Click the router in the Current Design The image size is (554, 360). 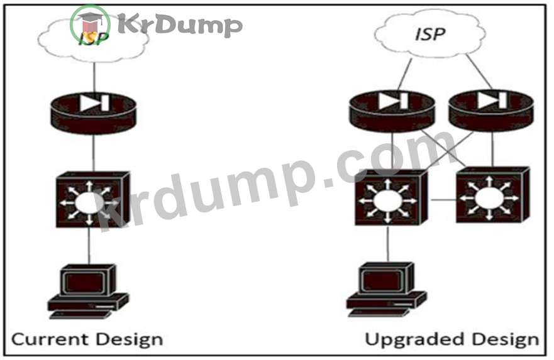[93, 112]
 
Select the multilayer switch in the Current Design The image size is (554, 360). [93, 199]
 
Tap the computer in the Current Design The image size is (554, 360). [88, 291]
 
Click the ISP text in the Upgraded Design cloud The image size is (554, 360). [430, 34]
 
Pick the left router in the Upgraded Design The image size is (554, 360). [392, 111]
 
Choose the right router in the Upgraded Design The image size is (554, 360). [491, 111]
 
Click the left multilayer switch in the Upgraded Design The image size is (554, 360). [391, 198]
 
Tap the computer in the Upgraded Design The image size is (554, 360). [387, 290]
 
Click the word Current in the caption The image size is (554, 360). [50, 339]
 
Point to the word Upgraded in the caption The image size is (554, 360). [414, 339]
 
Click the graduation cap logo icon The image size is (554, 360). [90, 25]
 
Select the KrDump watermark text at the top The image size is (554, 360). [180, 25]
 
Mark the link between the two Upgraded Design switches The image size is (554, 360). [443, 200]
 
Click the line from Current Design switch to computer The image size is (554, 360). [89, 246]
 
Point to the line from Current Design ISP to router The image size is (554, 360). [94, 77]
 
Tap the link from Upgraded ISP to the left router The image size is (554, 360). [405, 74]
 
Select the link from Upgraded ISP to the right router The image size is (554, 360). [479, 72]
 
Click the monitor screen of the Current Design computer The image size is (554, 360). [84, 283]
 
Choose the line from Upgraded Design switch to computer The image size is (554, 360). [388, 244]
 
